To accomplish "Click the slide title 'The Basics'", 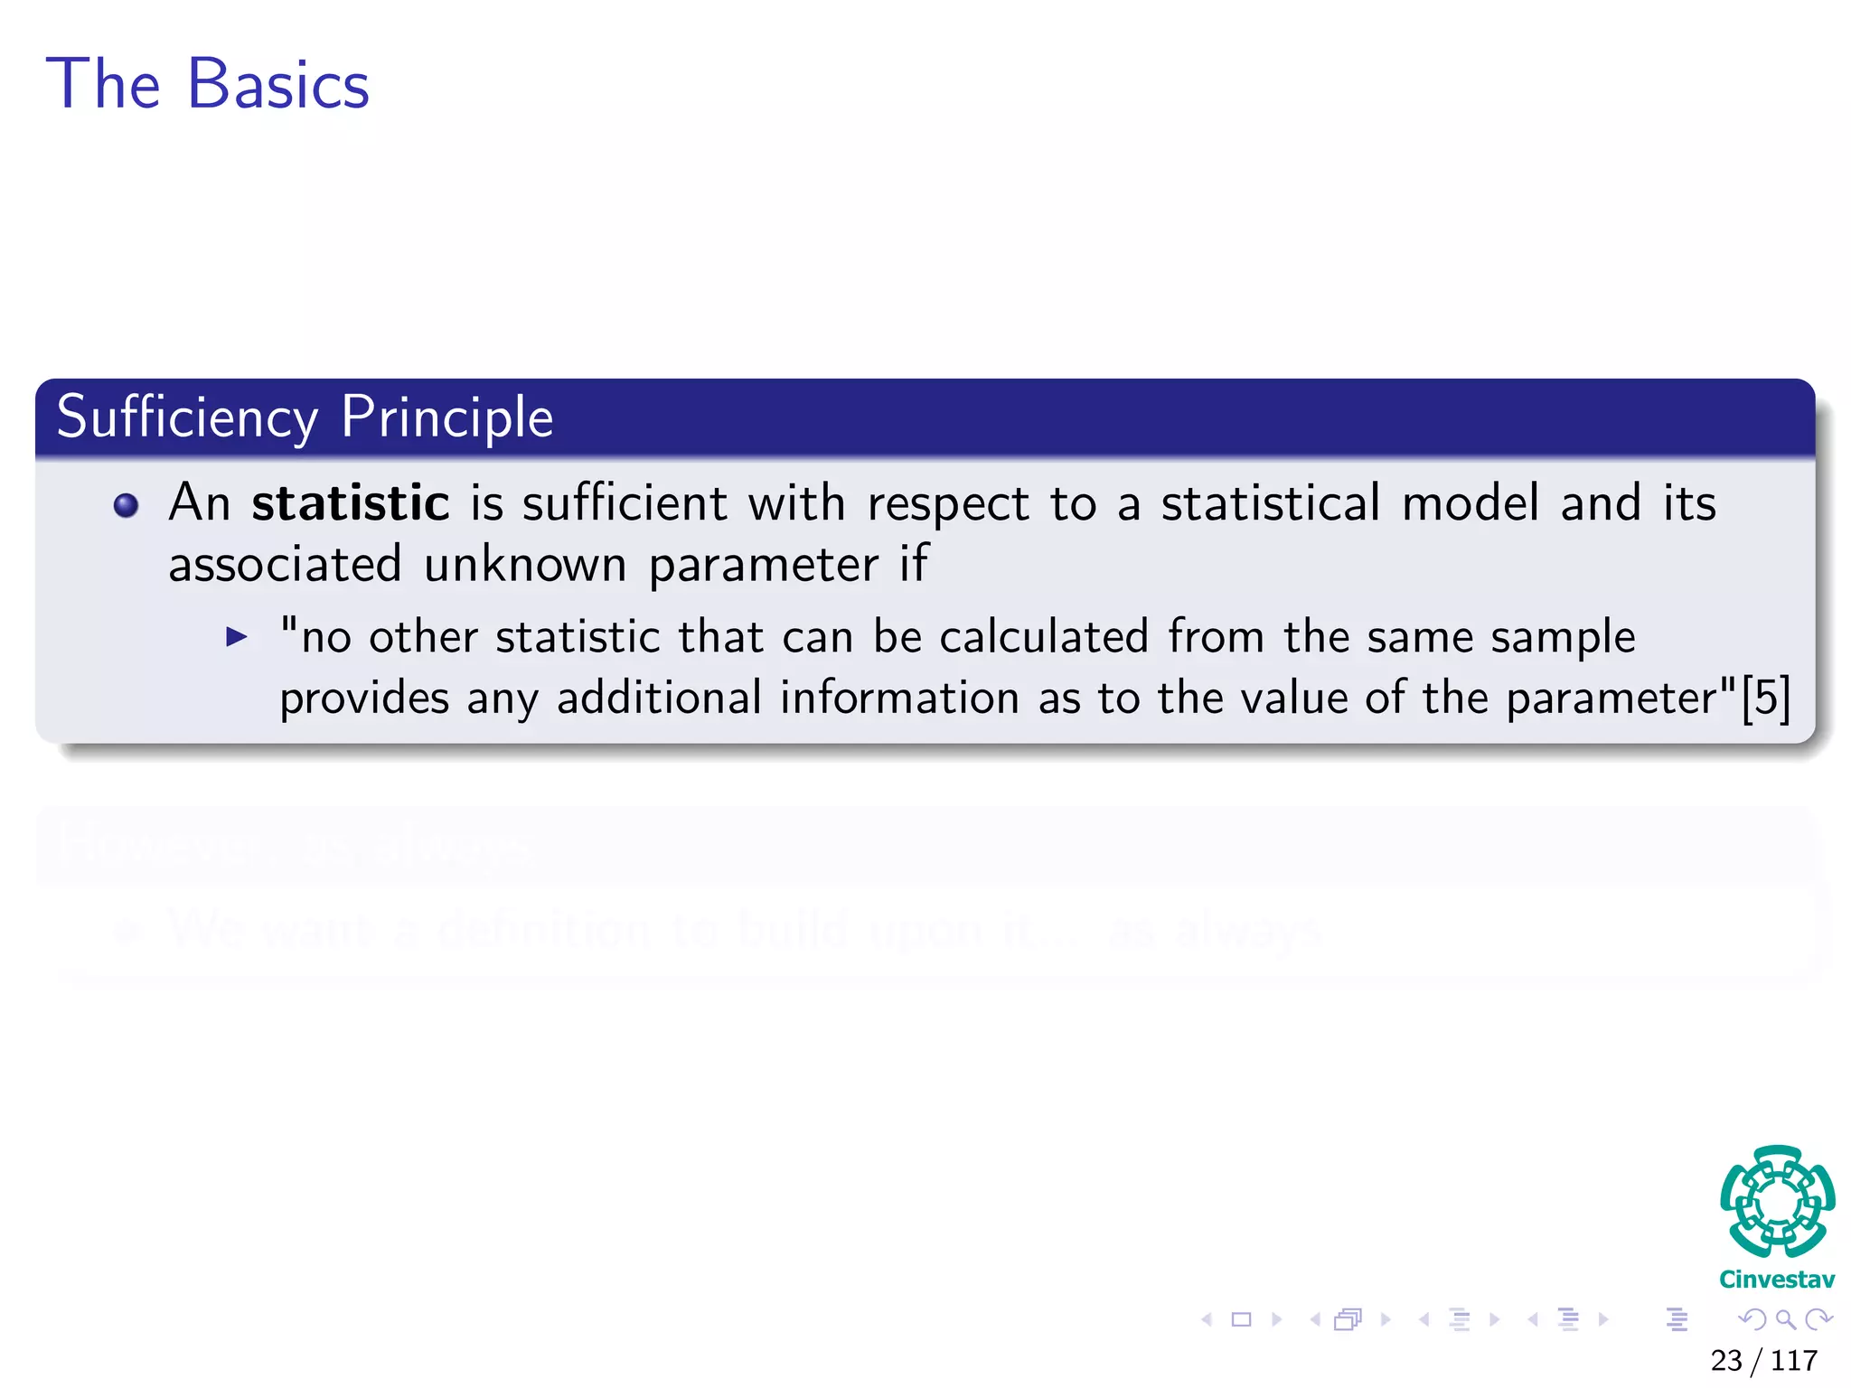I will click(x=208, y=84).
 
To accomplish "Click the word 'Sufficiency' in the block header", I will click(x=187, y=417).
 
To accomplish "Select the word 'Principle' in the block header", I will click(x=446, y=417).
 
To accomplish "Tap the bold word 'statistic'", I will click(x=351, y=503).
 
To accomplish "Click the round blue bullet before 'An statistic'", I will click(x=127, y=505).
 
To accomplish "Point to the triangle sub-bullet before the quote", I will click(x=237, y=637).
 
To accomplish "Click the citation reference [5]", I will click(x=1765, y=698).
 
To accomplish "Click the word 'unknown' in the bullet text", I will click(x=525, y=566).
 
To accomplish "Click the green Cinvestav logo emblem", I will click(x=1777, y=1201).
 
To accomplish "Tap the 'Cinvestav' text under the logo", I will click(x=1777, y=1280).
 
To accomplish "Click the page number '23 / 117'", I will click(x=1763, y=1360).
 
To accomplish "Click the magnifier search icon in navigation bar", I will click(x=1785, y=1319).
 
